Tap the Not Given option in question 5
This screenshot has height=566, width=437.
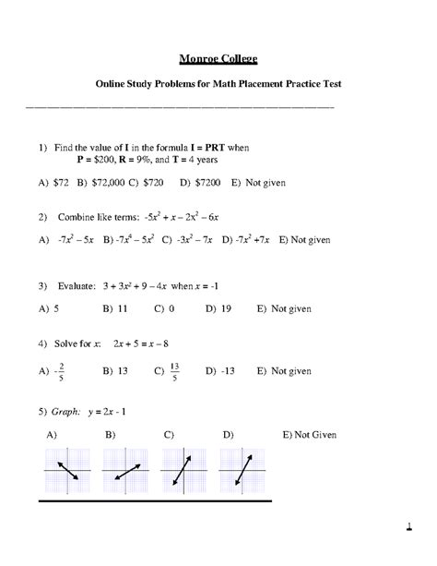pyautogui.click(x=318, y=434)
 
